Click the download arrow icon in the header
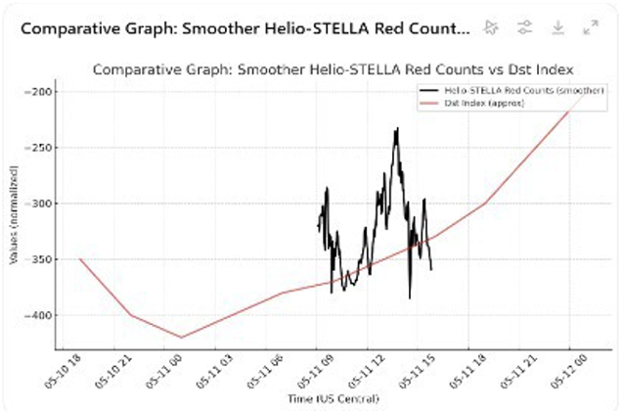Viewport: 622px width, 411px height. point(558,27)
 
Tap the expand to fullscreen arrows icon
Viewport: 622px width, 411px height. point(591,27)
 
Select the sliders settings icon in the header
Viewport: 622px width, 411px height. point(524,27)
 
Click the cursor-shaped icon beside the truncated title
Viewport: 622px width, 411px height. point(491,27)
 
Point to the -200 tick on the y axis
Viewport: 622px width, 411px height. point(43,92)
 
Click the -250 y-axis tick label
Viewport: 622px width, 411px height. point(43,148)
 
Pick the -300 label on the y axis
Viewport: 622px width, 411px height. point(43,204)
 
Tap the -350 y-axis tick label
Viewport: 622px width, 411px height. point(43,259)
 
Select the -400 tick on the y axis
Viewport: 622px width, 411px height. point(43,315)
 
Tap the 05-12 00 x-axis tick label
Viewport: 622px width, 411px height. point(565,371)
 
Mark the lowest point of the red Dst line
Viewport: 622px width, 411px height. point(181,337)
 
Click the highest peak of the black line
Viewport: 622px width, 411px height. point(397,128)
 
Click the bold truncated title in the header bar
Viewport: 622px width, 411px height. point(244,27)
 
